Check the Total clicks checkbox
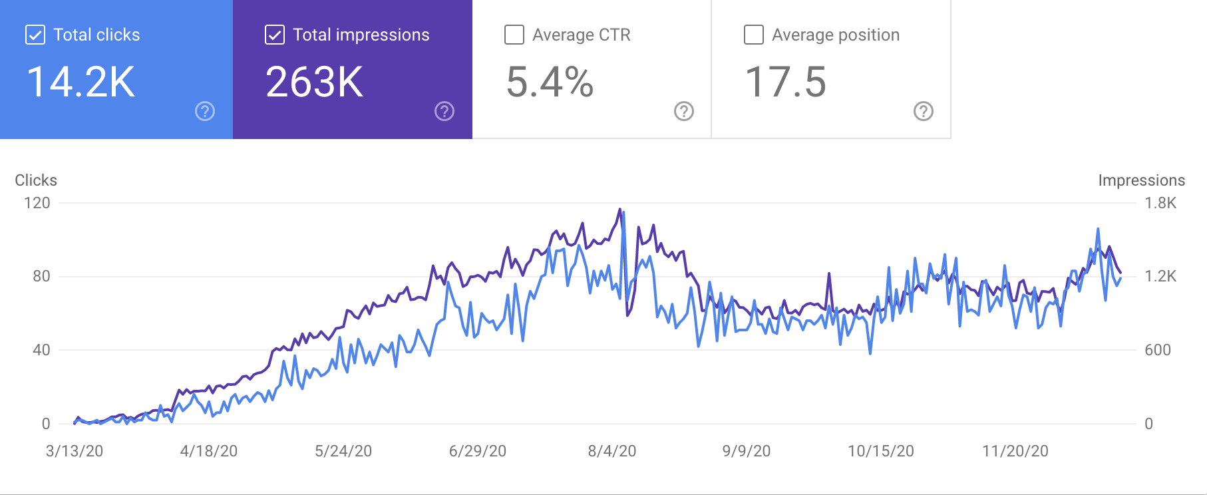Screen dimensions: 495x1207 (35, 35)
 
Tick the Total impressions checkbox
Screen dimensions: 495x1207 (275, 35)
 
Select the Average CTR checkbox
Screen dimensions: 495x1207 (514, 35)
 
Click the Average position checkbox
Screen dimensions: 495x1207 (754, 35)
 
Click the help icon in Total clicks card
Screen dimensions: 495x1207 (205, 111)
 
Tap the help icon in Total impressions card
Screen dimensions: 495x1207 (444, 111)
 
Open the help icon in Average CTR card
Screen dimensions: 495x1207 (684, 111)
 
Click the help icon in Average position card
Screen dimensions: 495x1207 (924, 111)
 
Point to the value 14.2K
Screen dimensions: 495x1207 (81, 82)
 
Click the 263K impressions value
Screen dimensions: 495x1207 (315, 82)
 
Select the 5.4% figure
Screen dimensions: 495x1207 (550, 82)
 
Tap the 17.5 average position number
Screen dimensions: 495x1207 (786, 82)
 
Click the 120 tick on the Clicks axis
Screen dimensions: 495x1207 (37, 203)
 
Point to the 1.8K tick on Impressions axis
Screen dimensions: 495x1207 (1160, 203)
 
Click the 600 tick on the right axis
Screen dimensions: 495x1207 (1158, 350)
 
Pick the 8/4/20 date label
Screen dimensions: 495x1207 (612, 451)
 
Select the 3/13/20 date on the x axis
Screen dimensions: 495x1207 (75, 451)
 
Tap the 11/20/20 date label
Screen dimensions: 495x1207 (1015, 451)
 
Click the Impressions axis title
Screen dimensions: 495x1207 (1141, 180)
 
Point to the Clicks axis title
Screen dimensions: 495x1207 (36, 180)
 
